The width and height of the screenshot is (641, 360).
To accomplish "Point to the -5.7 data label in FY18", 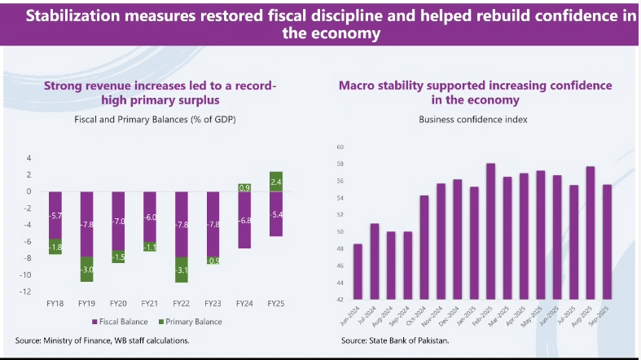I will (x=56, y=216).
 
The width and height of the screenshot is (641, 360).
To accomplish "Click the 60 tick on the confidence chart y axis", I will (x=340, y=147).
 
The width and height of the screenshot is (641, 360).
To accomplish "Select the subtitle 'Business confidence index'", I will (x=473, y=119).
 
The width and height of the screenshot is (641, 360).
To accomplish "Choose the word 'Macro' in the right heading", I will (x=357, y=85).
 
